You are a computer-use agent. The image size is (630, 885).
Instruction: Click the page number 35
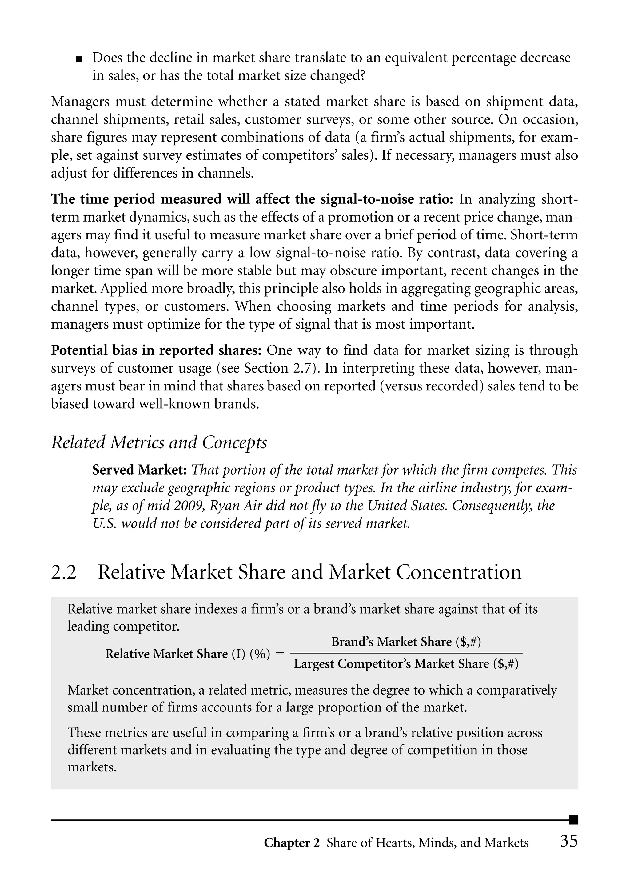point(569,841)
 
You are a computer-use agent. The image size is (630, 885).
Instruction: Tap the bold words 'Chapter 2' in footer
point(292,843)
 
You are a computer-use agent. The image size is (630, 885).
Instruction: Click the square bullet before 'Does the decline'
point(79,59)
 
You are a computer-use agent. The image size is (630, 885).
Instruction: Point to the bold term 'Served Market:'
point(140,470)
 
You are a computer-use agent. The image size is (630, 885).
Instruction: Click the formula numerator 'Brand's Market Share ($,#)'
point(406,642)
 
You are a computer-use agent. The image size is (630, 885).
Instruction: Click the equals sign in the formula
point(279,654)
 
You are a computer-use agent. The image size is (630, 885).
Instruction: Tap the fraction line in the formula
point(406,653)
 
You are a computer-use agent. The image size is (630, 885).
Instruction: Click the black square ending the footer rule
point(573,820)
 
